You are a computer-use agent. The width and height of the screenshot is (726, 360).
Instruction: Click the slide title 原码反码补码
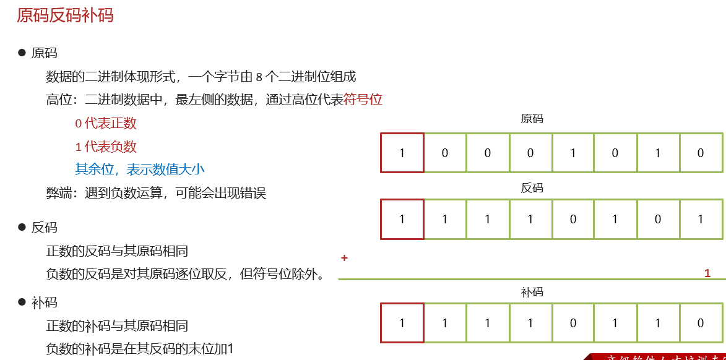pyautogui.click(x=65, y=15)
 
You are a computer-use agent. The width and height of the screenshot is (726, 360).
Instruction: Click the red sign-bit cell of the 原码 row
pyautogui.click(x=402, y=153)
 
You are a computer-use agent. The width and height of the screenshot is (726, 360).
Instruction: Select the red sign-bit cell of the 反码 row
pyautogui.click(x=402, y=219)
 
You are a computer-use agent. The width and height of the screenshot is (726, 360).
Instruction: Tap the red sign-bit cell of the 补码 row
pyautogui.click(x=402, y=323)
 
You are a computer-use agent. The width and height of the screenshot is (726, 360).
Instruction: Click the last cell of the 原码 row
pyautogui.click(x=701, y=153)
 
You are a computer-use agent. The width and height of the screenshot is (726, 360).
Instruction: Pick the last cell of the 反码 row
pyautogui.click(x=701, y=219)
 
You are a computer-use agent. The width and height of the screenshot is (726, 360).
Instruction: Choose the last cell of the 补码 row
pyautogui.click(x=701, y=323)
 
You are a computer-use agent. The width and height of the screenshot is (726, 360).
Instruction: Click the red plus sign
pyautogui.click(x=344, y=258)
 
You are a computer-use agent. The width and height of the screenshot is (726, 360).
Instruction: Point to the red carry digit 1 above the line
pyautogui.click(x=707, y=273)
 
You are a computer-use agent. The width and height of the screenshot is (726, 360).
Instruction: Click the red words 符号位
pyautogui.click(x=363, y=100)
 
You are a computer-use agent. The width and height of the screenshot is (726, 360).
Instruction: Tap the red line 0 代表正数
pyautogui.click(x=106, y=123)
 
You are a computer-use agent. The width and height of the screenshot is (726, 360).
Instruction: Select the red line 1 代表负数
pyautogui.click(x=106, y=147)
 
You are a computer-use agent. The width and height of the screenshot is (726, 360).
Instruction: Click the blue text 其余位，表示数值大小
pyautogui.click(x=140, y=169)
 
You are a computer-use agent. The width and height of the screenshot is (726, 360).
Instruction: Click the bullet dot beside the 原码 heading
pyautogui.click(x=22, y=53)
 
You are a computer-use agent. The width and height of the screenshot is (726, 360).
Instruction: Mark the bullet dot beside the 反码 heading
pyautogui.click(x=22, y=228)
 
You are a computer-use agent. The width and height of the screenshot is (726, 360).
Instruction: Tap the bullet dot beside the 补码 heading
pyautogui.click(x=22, y=302)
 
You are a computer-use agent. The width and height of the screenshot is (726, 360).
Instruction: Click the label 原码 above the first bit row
pyautogui.click(x=532, y=119)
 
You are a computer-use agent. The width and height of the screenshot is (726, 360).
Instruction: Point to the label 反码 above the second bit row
pyautogui.click(x=532, y=188)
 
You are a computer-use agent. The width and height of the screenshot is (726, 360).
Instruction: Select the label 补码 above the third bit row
pyautogui.click(x=532, y=292)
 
